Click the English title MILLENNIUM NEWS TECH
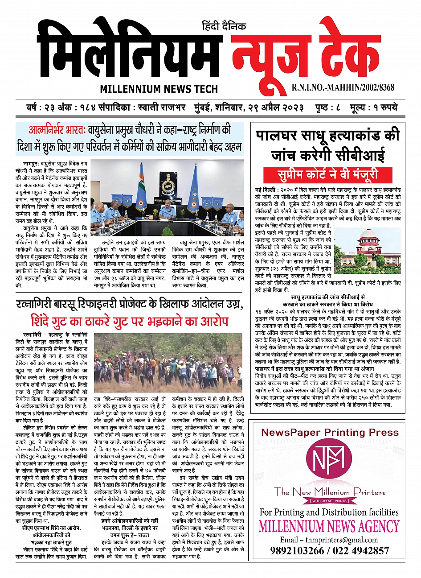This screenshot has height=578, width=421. tap(159, 89)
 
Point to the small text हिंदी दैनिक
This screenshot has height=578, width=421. tap(224, 26)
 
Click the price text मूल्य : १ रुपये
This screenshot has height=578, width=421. tap(373, 108)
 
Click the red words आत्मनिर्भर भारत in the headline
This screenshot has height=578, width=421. tap(57, 131)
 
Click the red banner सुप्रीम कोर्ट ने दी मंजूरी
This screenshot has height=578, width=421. tap(327, 173)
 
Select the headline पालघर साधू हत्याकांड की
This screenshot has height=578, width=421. tap(327, 136)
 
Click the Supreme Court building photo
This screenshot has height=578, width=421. tap(367, 250)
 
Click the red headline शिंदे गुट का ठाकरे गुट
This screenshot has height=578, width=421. tap(129, 321)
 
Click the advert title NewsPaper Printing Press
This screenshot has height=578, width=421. tap(330, 432)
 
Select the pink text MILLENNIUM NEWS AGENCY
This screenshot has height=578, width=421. tap(329, 526)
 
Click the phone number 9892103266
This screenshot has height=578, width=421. tap(297, 550)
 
